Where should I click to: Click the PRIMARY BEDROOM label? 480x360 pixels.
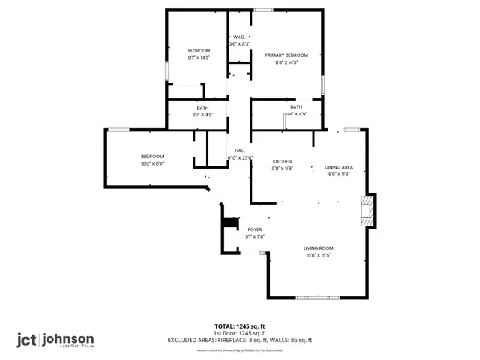[x=286, y=55]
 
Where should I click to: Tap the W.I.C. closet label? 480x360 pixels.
[x=239, y=37]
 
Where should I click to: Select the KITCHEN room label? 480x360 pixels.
[x=282, y=162]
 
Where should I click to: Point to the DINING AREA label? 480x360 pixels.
[x=339, y=166]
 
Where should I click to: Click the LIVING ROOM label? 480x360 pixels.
[x=319, y=248]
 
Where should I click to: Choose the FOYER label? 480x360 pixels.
[x=255, y=229]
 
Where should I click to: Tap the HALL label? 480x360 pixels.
[x=240, y=151]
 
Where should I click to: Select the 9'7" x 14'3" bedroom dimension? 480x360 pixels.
[x=199, y=58]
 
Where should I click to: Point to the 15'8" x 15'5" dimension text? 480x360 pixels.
[x=319, y=255]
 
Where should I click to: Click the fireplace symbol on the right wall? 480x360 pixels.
[x=367, y=211]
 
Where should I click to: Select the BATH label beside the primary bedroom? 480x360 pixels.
[x=296, y=107]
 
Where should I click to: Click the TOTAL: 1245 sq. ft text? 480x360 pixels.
[x=240, y=326]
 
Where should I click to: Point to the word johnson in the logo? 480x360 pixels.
[x=68, y=338]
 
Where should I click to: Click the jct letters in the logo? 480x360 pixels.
[x=28, y=339]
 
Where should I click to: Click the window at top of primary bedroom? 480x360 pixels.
[x=263, y=10]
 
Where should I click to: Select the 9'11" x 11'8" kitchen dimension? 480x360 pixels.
[x=282, y=169]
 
